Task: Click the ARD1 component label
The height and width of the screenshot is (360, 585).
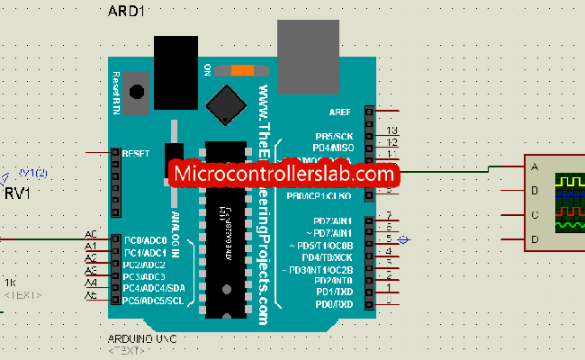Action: point(128,13)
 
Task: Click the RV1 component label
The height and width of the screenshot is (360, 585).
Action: point(18,193)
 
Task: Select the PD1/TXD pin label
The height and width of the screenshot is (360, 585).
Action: point(335,292)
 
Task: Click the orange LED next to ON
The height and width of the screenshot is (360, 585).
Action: point(242,69)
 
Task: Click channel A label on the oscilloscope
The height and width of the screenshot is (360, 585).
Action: point(535,166)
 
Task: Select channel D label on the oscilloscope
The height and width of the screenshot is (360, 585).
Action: point(535,238)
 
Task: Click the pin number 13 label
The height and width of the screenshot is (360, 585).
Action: point(391,131)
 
